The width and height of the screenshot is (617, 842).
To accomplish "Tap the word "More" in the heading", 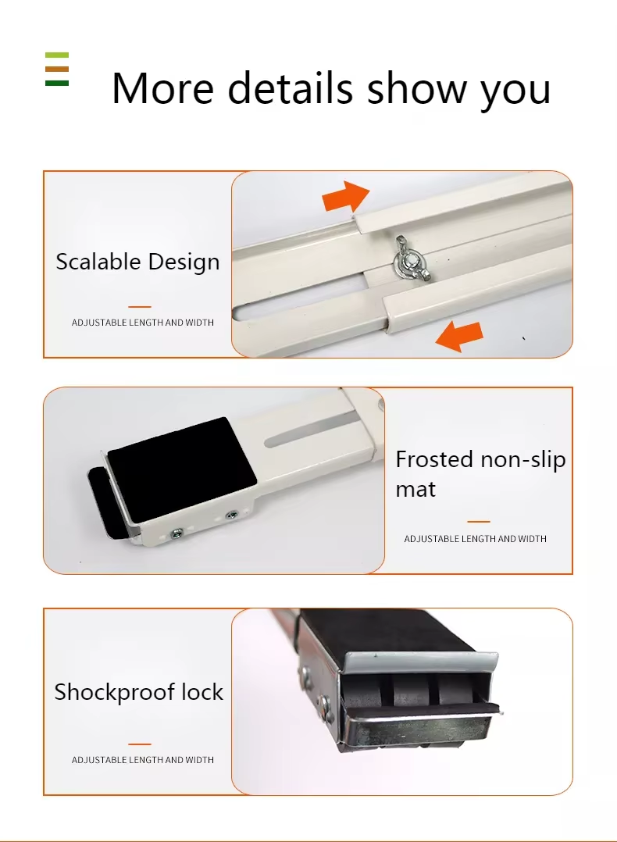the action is coord(162,88).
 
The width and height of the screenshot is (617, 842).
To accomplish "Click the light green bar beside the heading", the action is coord(57,55).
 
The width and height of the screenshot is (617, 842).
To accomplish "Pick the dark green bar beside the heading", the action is coord(57,83).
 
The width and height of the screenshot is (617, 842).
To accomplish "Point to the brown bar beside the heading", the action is coord(57,69).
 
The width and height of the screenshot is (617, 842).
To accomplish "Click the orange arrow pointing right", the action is coord(346,196).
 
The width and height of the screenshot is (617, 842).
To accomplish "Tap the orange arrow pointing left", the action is coord(459,336).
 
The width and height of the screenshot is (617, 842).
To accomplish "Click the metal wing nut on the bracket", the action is coord(410,259).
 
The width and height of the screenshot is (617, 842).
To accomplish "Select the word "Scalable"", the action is coord(98,262).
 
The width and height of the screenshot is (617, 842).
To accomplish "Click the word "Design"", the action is coord(184,262).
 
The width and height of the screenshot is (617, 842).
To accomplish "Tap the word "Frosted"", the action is coord(435,459).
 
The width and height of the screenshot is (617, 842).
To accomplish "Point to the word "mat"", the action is coord(415,489).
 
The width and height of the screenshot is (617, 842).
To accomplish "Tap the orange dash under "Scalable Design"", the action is coord(140,307).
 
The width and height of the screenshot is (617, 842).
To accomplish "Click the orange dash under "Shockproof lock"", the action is coord(140,744).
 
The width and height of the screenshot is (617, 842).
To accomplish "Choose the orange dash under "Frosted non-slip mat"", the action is coord(479,522).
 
